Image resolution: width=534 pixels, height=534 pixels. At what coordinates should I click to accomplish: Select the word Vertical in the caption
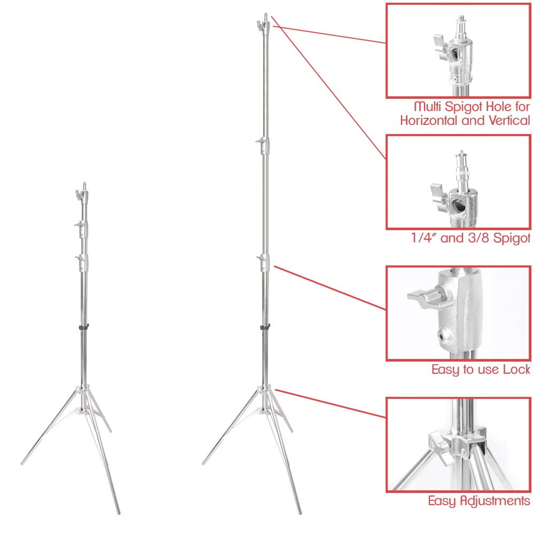(509, 121)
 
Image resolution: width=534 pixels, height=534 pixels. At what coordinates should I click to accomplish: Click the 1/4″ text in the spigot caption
(424, 238)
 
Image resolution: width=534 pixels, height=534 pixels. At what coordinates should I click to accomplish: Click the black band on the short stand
(84, 327)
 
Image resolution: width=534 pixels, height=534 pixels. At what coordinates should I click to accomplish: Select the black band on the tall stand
(265, 327)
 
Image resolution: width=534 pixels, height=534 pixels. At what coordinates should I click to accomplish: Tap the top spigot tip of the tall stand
(265, 14)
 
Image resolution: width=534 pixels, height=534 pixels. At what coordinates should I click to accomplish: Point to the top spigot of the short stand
(84, 186)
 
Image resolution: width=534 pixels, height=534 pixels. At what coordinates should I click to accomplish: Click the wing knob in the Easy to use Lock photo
(423, 297)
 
